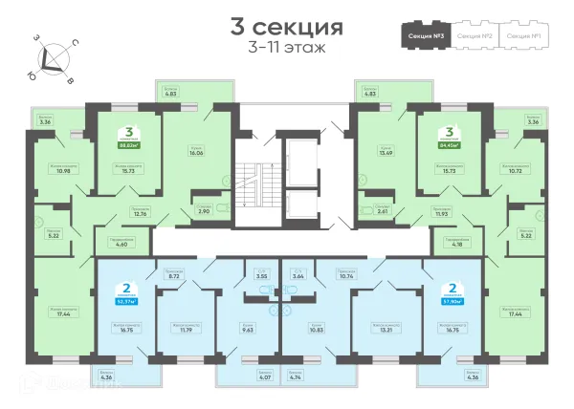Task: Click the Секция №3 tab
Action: tap(424, 35)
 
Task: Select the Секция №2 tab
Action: tap(475, 35)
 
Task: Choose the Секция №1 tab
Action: tap(524, 35)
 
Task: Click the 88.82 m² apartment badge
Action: tap(125, 140)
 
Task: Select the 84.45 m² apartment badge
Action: tap(449, 140)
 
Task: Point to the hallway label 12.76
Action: tap(140, 213)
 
